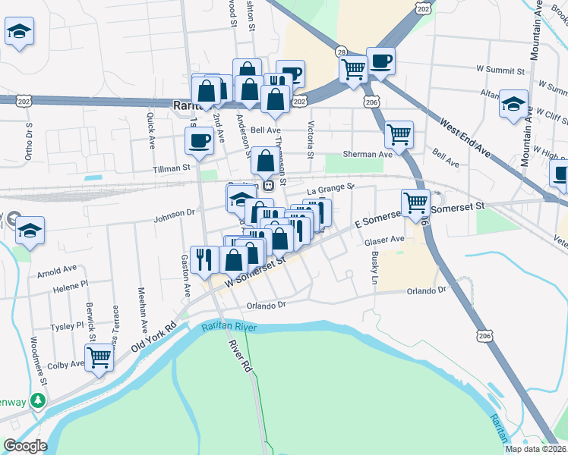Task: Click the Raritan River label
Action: point(229,328)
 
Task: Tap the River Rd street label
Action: point(239,355)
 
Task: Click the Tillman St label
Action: point(172,168)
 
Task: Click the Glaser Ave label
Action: point(384,240)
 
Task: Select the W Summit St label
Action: point(500,71)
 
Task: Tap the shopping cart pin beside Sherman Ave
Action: point(399,134)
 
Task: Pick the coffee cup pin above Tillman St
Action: point(200,140)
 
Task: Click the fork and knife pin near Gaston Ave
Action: point(204,259)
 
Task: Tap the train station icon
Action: point(267,184)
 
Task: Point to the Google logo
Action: point(26,446)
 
